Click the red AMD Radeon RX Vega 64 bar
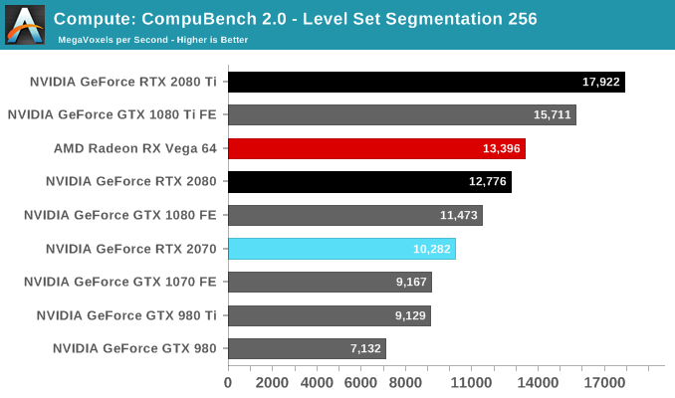pyautogui.click(x=376, y=149)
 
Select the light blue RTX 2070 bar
pyautogui.click(x=341, y=249)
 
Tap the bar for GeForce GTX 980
pyautogui.click(x=307, y=348)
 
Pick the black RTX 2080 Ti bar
pyautogui.click(x=426, y=82)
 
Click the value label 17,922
pyautogui.click(x=600, y=82)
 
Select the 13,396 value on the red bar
pyautogui.click(x=502, y=149)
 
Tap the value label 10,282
pyautogui.click(x=432, y=249)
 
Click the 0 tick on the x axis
pyautogui.click(x=228, y=383)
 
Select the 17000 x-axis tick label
pyautogui.click(x=605, y=383)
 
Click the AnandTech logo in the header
pyautogui.click(x=24, y=25)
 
